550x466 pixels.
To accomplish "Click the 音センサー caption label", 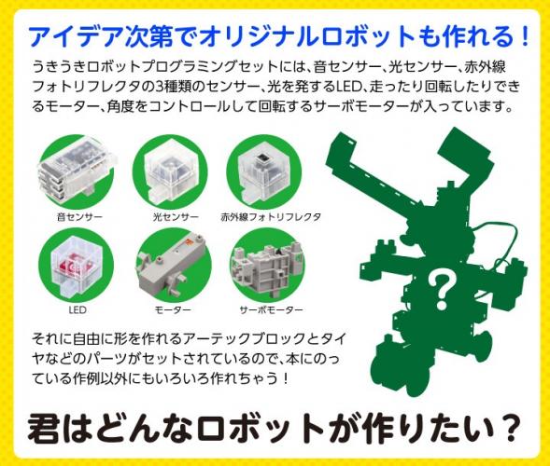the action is pos(79,217).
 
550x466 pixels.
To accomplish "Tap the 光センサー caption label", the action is pos(176,217).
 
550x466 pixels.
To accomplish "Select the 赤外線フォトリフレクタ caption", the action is pos(271,217).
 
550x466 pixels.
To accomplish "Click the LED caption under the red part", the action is pos(78,309).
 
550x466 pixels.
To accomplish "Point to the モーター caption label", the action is pos(173,309).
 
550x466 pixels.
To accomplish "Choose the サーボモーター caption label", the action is pos(271,309).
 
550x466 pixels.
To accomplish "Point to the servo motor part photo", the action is pos(266,266).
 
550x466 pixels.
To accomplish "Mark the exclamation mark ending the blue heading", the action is pos(525,36).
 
